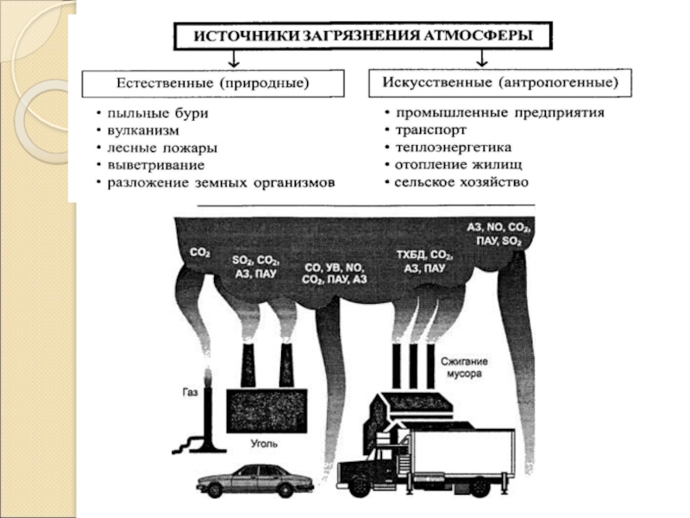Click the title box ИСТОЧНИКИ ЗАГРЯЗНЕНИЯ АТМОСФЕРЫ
point(361,35)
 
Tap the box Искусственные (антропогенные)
point(499,83)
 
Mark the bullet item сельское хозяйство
point(461,182)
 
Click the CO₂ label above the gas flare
point(200,252)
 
